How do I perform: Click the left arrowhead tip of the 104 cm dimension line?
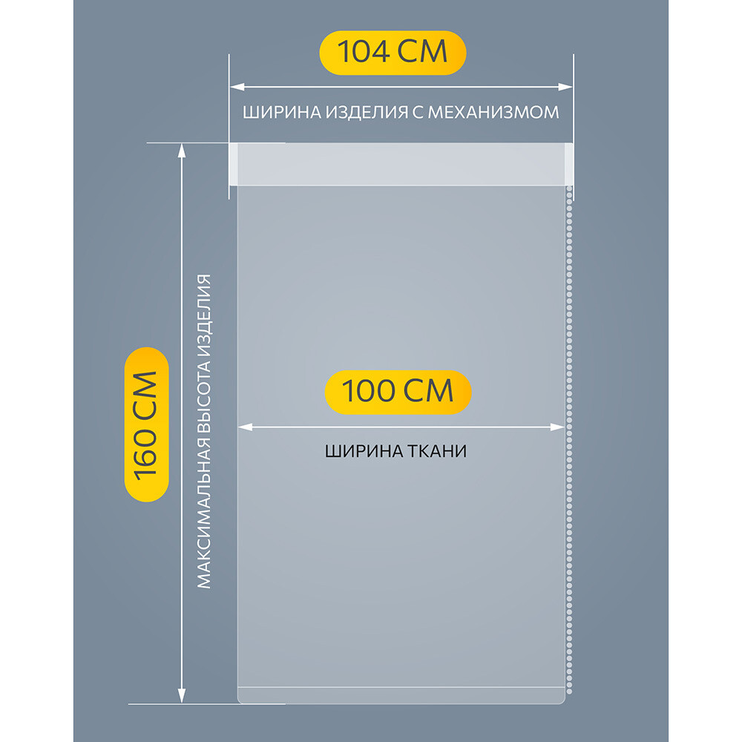tap(231, 87)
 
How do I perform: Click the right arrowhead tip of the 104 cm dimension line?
tap(573, 87)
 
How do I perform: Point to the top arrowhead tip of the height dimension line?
tap(181, 144)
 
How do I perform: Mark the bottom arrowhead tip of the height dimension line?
tap(181, 703)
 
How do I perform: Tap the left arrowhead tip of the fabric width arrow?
tap(238, 427)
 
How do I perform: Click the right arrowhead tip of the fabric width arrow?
tap(565, 427)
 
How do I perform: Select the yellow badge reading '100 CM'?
tap(398, 392)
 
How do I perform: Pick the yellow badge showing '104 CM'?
tap(393, 53)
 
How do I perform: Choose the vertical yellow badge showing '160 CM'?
tap(146, 424)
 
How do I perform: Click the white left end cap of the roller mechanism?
tap(233, 164)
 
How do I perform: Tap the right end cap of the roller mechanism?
tap(569, 164)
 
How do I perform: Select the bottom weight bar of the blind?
tap(401, 695)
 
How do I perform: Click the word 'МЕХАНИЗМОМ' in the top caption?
tap(493, 112)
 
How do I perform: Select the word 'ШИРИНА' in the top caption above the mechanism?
tap(282, 112)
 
